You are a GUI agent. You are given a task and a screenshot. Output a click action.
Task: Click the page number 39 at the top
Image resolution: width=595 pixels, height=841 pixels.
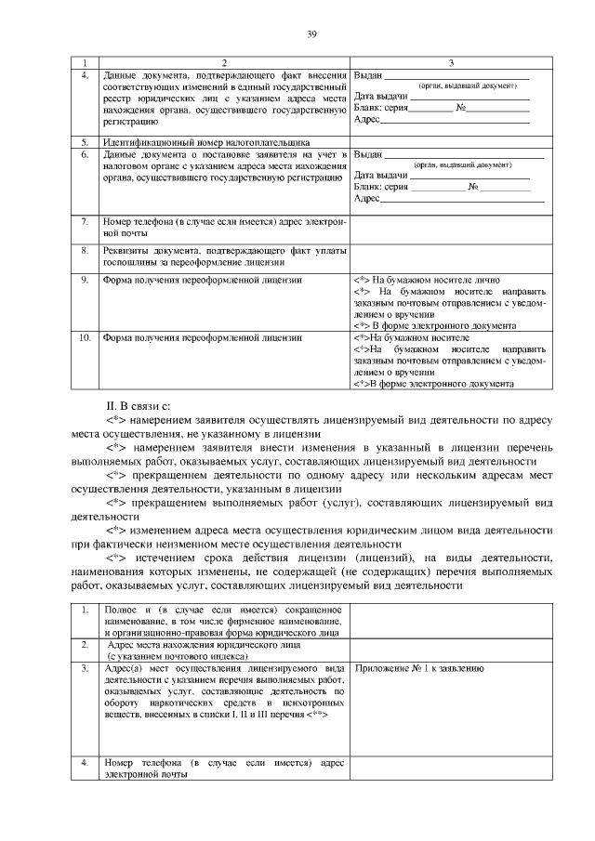tap(312, 34)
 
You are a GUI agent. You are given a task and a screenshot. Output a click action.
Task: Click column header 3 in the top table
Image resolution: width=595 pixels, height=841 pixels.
tap(450, 61)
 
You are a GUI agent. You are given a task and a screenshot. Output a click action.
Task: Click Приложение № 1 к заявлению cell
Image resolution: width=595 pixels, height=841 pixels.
tap(418, 668)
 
